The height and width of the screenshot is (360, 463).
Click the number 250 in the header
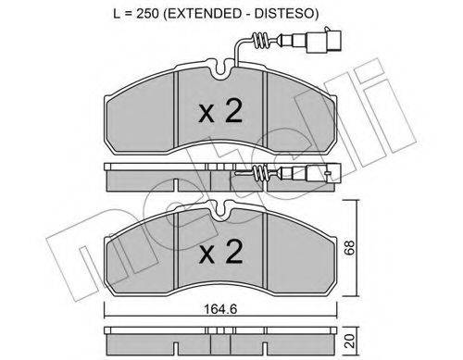tap(147, 14)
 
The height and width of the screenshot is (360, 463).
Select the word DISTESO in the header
tap(283, 14)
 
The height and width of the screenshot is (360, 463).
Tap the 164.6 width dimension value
tap(220, 309)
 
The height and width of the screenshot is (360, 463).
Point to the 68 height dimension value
tap(350, 248)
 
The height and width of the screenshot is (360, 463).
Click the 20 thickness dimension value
tap(350, 341)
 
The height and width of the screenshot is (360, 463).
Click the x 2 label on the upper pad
tap(220, 112)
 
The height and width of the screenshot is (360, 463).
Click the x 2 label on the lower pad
tap(220, 252)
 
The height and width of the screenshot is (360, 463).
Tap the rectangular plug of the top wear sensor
tap(323, 41)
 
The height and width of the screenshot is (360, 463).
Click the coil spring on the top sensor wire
tap(260, 41)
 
